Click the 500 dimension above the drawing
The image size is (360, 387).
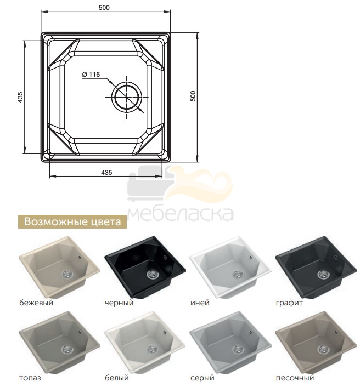tap(104, 8)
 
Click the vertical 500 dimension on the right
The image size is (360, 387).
tap(193, 96)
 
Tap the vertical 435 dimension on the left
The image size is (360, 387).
tap(20, 97)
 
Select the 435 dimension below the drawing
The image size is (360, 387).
tap(106, 172)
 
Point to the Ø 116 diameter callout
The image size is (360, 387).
tap(91, 75)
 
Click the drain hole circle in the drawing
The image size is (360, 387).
tap(127, 97)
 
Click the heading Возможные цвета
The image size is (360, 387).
tap(72, 221)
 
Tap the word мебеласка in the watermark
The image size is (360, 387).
tap(181, 214)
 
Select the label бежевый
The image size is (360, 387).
tap(36, 303)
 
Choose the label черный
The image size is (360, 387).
tap(119, 303)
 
